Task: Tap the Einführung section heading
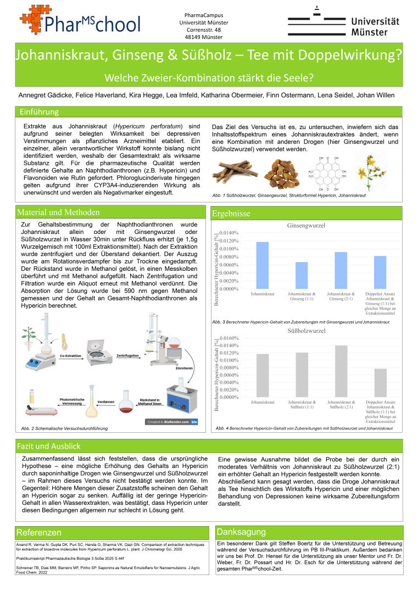pos(39,112)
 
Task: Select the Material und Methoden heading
pos(59,213)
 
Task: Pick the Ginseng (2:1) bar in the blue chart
pos(341,270)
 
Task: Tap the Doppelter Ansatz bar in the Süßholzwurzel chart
pos(380,382)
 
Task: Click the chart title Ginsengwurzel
pos(306,226)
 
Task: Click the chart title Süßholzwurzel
pos(306,331)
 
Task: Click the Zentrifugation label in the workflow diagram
pos(127,355)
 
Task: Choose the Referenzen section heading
pos(39,532)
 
